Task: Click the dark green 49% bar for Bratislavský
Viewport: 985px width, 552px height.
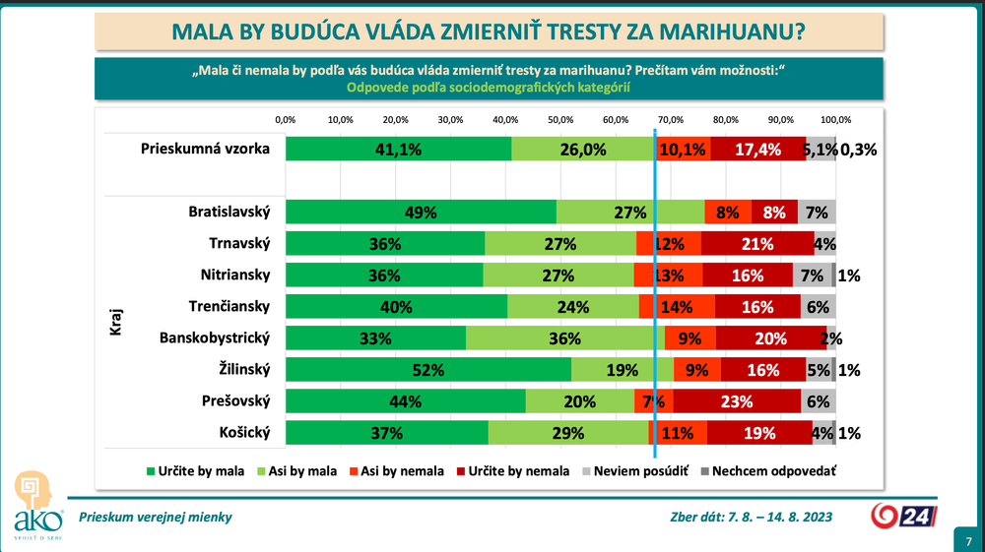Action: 421,212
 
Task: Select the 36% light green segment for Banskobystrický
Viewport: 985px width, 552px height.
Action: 564,337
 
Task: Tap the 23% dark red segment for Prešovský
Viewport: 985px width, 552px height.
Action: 737,400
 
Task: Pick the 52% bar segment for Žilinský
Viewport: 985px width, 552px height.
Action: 428,369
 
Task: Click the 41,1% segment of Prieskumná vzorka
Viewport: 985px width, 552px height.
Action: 398,149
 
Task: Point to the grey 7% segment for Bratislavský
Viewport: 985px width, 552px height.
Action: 817,212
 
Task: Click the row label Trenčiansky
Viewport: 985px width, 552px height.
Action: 230,306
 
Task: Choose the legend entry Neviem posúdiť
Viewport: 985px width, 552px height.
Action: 641,471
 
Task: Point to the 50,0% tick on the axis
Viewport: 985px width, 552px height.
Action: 560,119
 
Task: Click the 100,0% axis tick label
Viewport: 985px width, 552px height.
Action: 835,119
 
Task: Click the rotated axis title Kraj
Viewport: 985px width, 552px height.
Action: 115,322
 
